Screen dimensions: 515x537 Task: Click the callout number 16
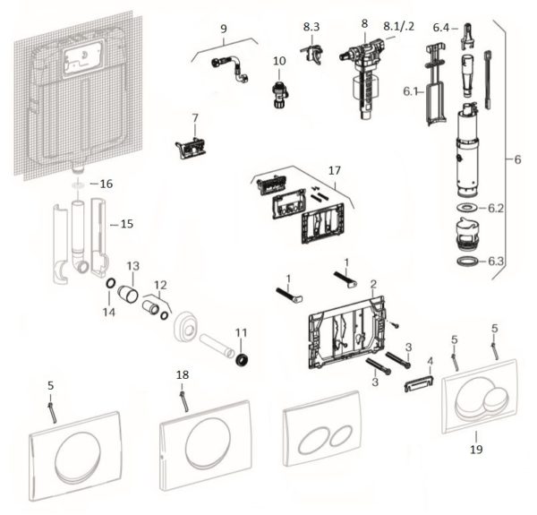coord(107,183)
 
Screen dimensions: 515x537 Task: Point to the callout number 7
coord(194,117)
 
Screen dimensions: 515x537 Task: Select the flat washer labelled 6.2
coord(467,209)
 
